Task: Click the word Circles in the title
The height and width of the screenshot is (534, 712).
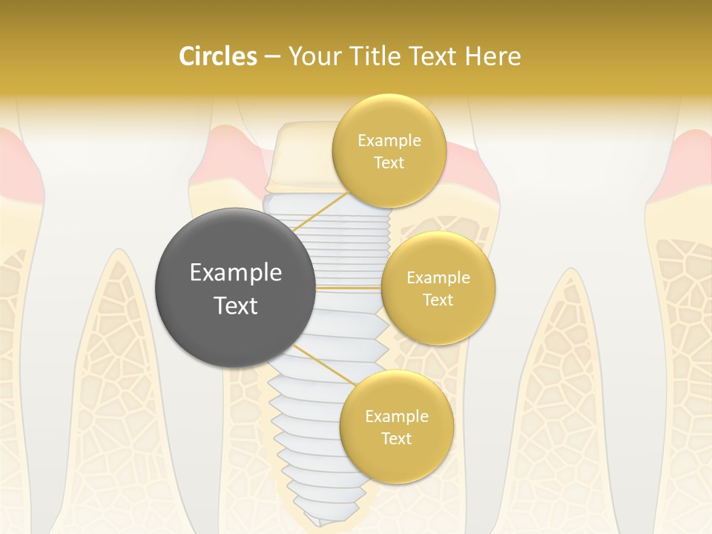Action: [217, 56]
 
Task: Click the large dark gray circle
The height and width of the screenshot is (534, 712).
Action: [235, 289]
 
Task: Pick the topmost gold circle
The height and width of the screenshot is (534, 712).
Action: [389, 151]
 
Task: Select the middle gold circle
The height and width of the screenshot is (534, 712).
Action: [438, 289]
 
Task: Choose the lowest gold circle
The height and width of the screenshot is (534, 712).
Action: [396, 427]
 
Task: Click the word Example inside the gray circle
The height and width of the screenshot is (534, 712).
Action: [235, 273]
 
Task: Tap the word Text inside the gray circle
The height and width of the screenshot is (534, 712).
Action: [235, 306]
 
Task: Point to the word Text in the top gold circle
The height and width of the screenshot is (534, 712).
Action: [389, 163]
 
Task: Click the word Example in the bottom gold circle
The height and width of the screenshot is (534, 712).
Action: [396, 417]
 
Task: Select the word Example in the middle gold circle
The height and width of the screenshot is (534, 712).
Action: [438, 278]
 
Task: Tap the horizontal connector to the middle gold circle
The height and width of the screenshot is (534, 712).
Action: [349, 287]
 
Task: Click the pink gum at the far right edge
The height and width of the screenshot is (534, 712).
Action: [693, 159]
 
